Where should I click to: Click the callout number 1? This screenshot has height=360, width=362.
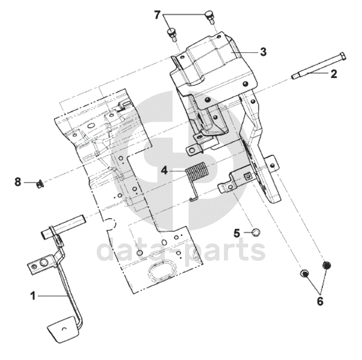(33, 296)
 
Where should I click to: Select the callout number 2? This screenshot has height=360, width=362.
(333, 74)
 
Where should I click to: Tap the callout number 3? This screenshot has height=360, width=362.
(263, 52)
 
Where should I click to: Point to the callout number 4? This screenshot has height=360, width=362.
(164, 171)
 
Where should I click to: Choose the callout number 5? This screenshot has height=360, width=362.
(237, 233)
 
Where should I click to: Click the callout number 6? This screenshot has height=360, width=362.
(320, 301)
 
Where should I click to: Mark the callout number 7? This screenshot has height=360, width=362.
(157, 15)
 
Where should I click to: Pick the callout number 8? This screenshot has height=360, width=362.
(18, 182)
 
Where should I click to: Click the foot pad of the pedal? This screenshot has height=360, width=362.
(62, 330)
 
